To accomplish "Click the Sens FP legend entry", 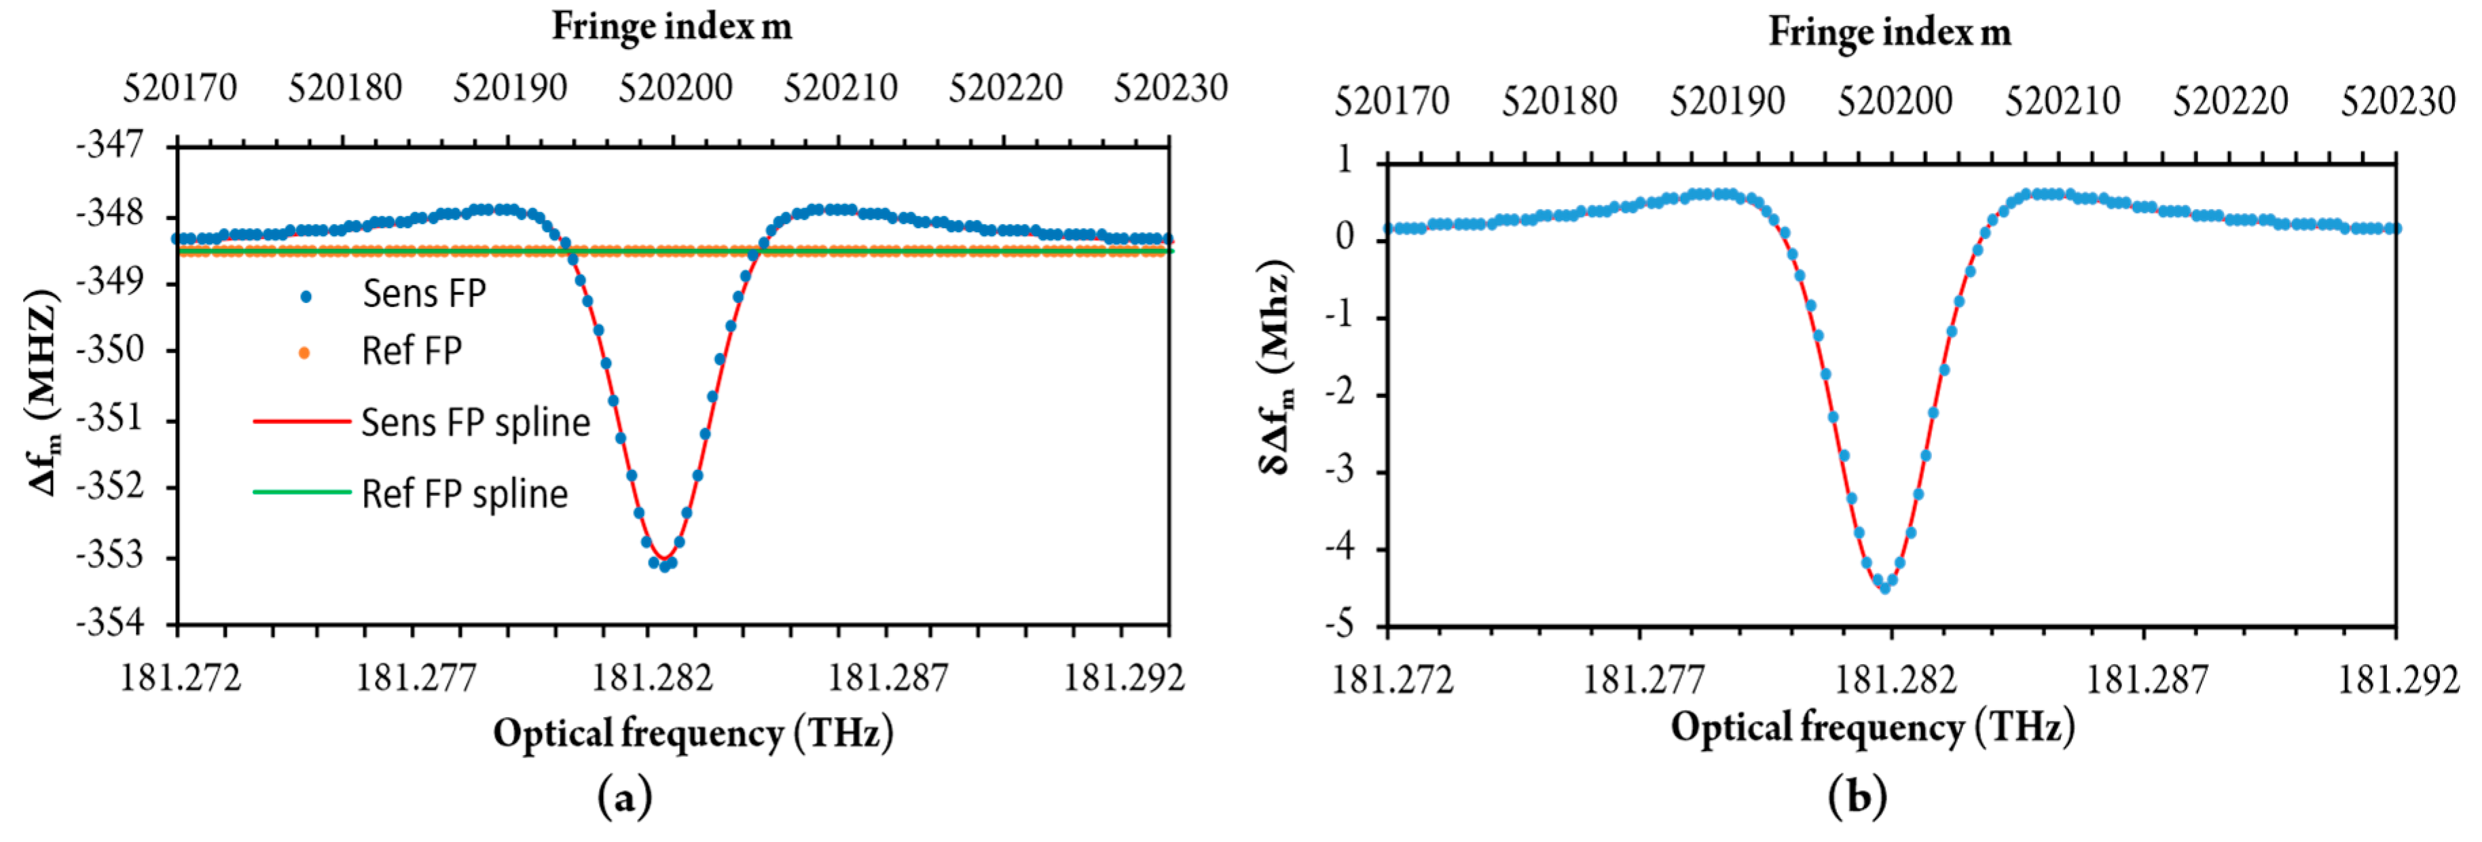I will (424, 294).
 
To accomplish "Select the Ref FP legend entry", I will (412, 352).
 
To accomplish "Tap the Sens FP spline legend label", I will (475, 423).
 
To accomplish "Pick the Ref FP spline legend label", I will (464, 494).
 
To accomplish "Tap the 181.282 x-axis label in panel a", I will (653, 678).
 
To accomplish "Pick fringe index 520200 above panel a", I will (676, 89).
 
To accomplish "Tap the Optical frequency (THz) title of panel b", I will (1872, 727).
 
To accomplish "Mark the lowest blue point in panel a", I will (664, 568).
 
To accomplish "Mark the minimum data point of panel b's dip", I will (1884, 587).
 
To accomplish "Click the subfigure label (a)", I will (624, 799).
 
